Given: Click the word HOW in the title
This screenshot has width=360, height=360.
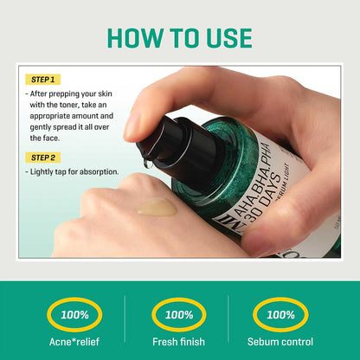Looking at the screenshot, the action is pyautogui.click(x=135, y=38).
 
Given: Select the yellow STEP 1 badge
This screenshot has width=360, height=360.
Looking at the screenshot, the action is pyautogui.click(x=43, y=80).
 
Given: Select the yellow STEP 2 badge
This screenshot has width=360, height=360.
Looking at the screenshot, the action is pyautogui.click(x=43, y=157).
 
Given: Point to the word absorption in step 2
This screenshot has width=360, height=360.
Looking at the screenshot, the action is pyautogui.click(x=99, y=172).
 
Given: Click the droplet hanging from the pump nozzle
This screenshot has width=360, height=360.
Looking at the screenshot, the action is pyautogui.click(x=148, y=163).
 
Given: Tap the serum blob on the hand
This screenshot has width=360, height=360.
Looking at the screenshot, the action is pyautogui.click(x=157, y=207).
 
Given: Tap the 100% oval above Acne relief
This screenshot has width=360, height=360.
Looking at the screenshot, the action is pyautogui.click(x=74, y=315).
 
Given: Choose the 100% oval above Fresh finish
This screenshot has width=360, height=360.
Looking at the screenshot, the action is pyautogui.click(x=179, y=315).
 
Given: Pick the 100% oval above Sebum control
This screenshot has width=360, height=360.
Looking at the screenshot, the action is pyautogui.click(x=280, y=315).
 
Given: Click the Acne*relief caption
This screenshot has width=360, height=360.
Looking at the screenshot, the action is pyautogui.click(x=74, y=342).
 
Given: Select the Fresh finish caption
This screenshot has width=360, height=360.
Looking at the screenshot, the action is pyautogui.click(x=179, y=342).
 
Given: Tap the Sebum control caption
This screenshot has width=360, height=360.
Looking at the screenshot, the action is pyautogui.click(x=280, y=342).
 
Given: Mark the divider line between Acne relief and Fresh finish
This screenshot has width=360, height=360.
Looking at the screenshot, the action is pyautogui.click(x=125, y=318).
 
